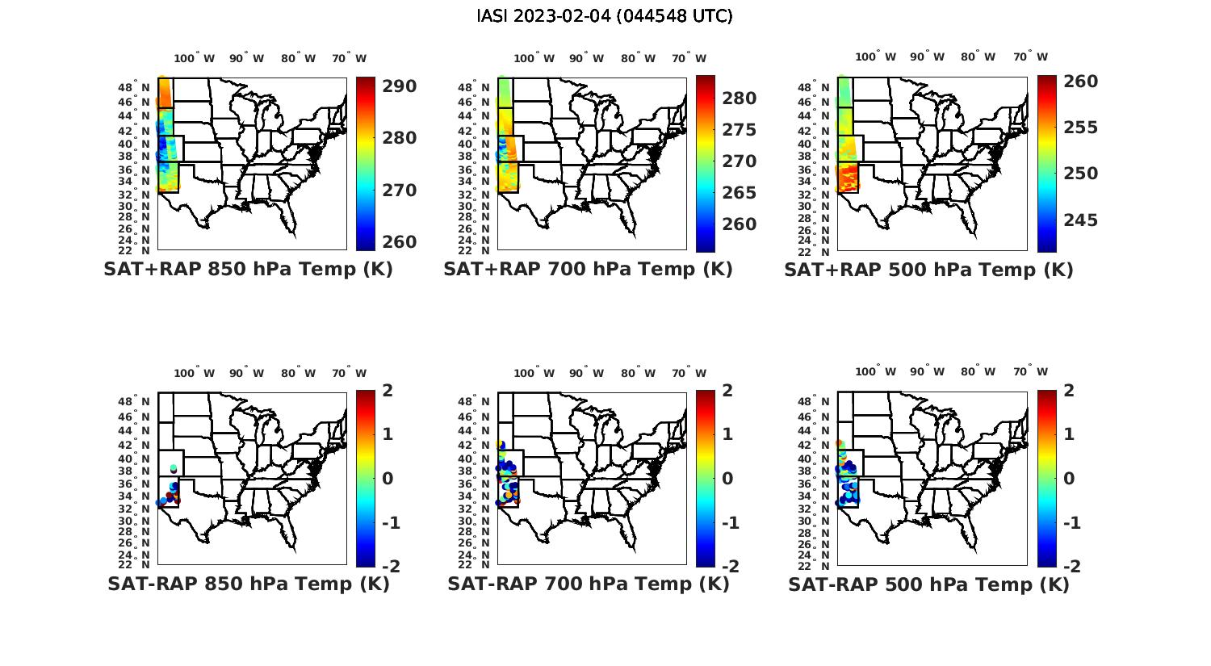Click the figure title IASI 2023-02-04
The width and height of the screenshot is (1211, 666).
(x=605, y=16)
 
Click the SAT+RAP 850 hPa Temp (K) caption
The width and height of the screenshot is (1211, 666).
(x=248, y=270)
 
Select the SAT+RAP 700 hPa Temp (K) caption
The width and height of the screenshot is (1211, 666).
(x=588, y=270)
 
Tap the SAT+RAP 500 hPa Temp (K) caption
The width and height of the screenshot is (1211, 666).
(x=928, y=270)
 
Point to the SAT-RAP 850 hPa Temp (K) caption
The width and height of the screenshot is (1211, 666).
(x=248, y=584)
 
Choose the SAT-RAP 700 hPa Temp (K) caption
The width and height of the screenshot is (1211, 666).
(x=588, y=584)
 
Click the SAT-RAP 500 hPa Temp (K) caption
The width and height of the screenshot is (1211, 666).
(x=928, y=584)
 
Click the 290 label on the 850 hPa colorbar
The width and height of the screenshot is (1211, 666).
(x=399, y=86)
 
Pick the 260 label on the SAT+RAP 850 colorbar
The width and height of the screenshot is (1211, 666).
(x=399, y=242)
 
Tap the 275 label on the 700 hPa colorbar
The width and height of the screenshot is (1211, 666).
(x=740, y=130)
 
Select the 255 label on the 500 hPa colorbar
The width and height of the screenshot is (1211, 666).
(x=1080, y=128)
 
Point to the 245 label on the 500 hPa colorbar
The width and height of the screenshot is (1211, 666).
(x=1080, y=220)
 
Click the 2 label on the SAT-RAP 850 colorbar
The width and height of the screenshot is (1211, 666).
(x=387, y=391)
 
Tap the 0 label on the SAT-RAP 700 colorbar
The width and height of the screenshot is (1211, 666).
(x=727, y=479)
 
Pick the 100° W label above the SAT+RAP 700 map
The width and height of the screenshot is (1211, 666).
(x=534, y=58)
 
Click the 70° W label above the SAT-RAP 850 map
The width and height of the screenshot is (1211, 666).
(x=349, y=373)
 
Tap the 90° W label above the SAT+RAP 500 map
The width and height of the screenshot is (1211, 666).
(x=927, y=57)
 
